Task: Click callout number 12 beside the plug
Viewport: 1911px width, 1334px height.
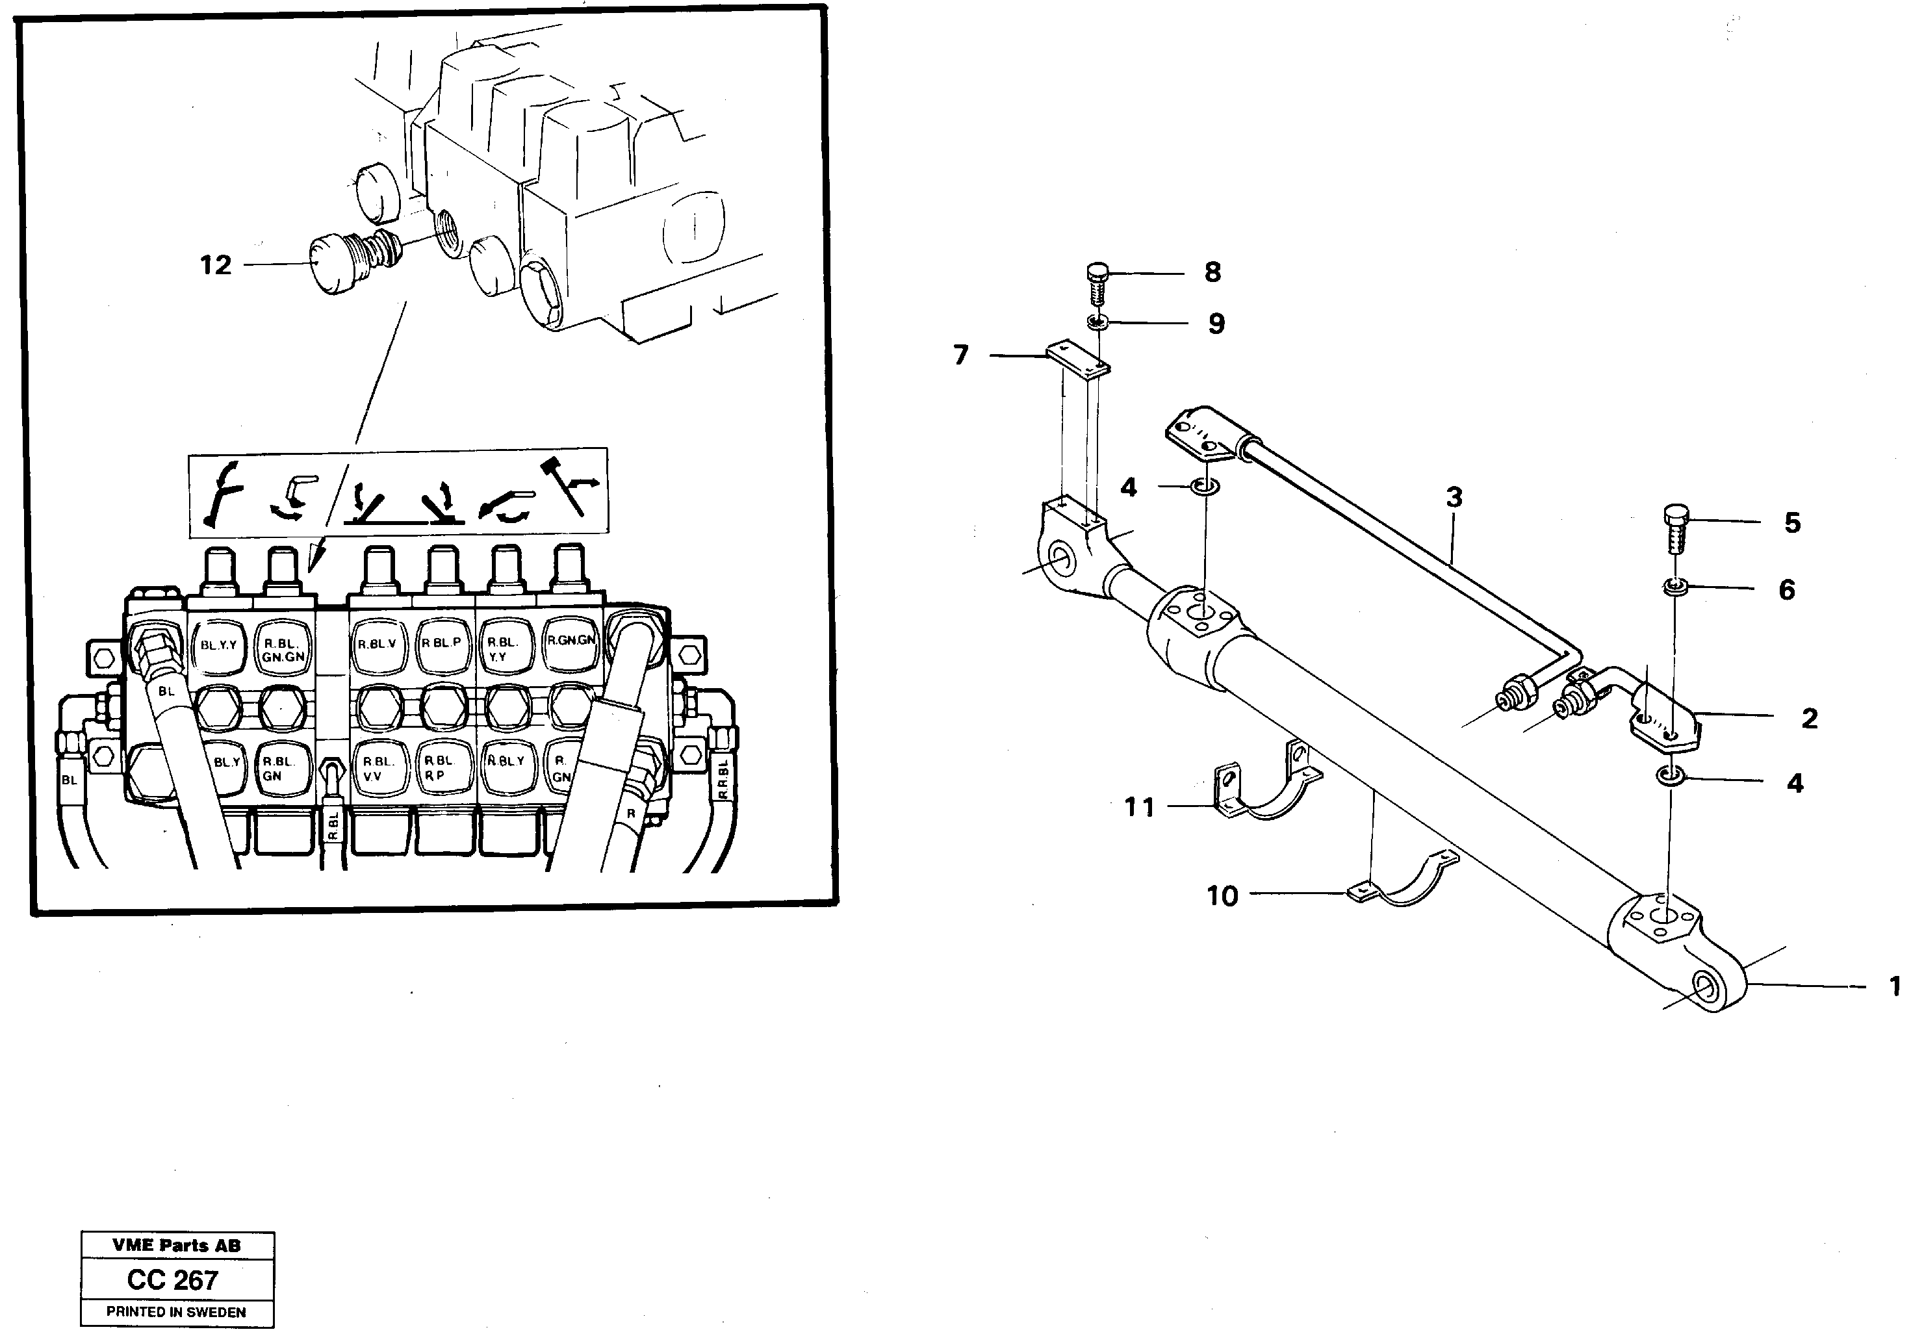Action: (x=214, y=266)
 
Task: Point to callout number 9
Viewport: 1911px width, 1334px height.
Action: (x=1216, y=324)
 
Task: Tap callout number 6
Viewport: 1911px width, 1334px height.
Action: (x=1786, y=590)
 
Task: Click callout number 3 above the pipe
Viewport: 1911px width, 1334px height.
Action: (x=1453, y=498)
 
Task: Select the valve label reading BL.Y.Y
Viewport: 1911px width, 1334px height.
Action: (x=219, y=645)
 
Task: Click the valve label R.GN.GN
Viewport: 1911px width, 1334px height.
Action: (x=571, y=640)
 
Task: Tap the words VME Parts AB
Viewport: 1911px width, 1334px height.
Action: (x=177, y=1246)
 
